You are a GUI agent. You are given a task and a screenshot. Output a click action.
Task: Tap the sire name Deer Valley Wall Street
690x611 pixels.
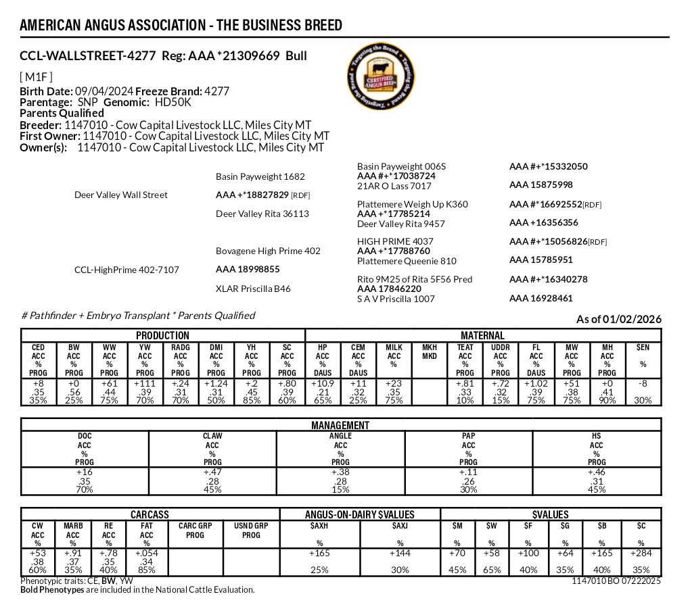click(121, 195)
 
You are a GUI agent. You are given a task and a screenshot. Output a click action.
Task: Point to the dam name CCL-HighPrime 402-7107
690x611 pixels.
click(127, 270)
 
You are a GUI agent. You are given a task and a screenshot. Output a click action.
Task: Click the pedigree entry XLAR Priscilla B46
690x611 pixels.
click(253, 289)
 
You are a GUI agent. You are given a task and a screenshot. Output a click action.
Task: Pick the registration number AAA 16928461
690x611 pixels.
click(540, 298)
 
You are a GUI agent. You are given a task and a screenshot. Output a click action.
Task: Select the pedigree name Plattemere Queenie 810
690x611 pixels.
click(407, 261)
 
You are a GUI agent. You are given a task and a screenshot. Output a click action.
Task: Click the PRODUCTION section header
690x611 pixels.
click(162, 335)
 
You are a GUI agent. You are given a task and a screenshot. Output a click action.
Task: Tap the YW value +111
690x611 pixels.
click(145, 383)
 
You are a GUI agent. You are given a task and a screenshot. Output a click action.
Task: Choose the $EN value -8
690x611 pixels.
click(643, 383)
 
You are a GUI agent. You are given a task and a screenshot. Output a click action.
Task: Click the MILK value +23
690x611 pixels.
click(394, 383)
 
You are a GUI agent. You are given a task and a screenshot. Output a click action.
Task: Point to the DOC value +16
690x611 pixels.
click(85, 472)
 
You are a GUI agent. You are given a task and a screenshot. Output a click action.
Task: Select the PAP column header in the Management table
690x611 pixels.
click(468, 437)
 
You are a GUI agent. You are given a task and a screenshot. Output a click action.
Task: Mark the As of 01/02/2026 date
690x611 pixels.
click(618, 319)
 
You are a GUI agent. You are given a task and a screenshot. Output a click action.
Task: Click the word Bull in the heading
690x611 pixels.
click(296, 56)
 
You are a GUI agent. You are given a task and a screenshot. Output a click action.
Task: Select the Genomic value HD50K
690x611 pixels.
click(173, 102)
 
